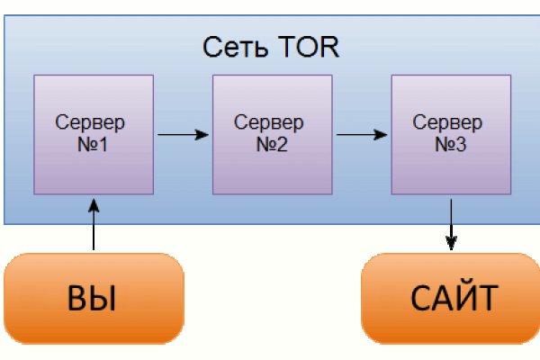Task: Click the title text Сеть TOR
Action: click(270, 46)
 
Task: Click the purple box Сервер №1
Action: click(93, 135)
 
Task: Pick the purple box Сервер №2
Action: click(272, 135)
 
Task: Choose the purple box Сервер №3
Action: click(451, 135)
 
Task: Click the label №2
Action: click(271, 144)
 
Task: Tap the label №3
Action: click(450, 144)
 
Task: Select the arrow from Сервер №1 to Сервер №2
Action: click(182, 135)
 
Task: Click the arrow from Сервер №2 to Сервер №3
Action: click(361, 135)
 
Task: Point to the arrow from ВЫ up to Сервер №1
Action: click(93, 225)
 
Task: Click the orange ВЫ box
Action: click(93, 297)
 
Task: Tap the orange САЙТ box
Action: click(451, 297)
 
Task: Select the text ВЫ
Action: click(93, 298)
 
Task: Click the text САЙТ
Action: click(452, 298)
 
